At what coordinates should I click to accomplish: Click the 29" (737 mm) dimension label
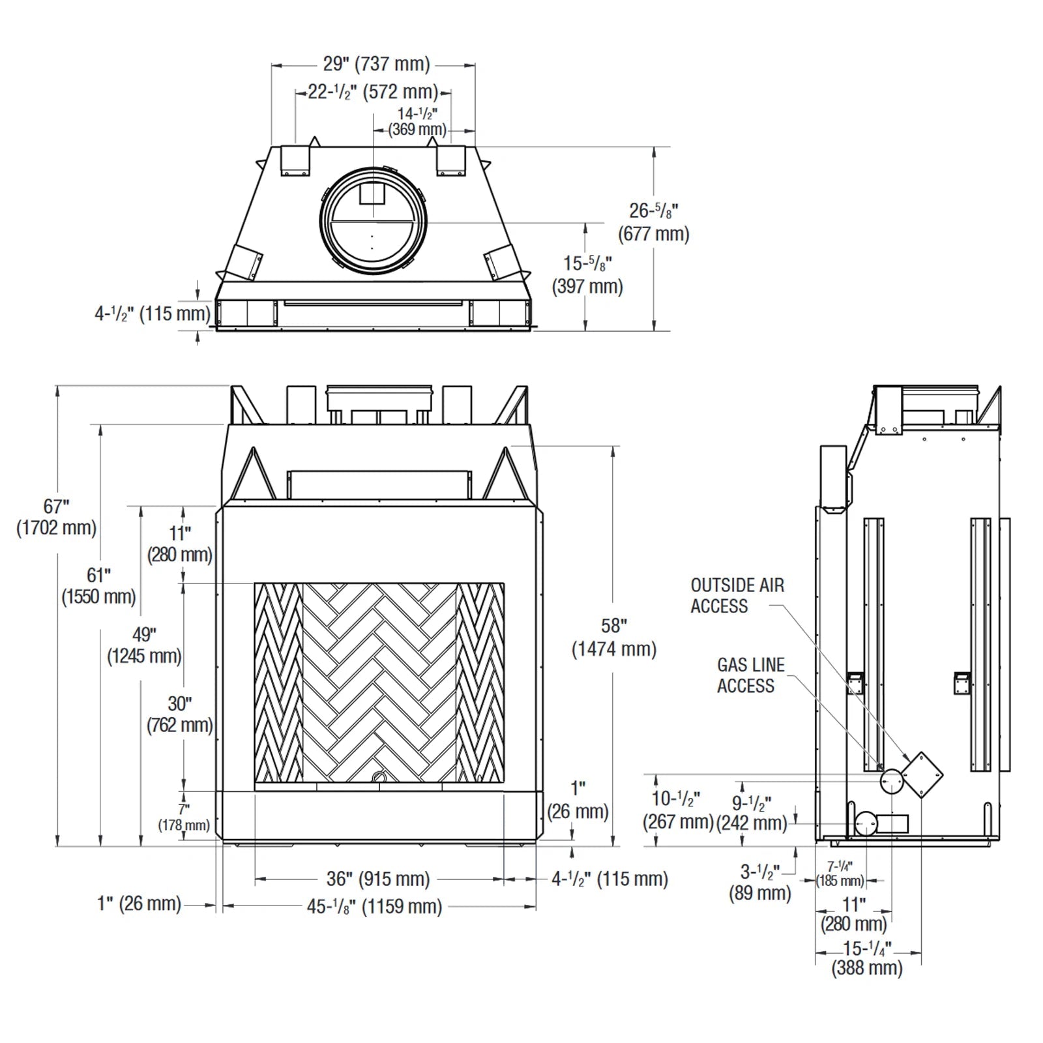pyautogui.click(x=376, y=64)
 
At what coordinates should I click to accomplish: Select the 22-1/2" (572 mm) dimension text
pyautogui.click(x=372, y=92)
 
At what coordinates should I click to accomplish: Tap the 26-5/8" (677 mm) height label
pyautogui.click(x=653, y=222)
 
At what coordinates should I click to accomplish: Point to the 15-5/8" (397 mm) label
pyautogui.click(x=587, y=274)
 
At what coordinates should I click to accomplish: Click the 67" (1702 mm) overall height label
pyautogui.click(x=56, y=517)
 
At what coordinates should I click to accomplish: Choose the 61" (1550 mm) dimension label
pyautogui.click(x=98, y=585)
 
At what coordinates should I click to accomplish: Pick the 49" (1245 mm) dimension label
pyautogui.click(x=143, y=645)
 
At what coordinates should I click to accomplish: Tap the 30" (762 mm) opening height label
pyautogui.click(x=179, y=714)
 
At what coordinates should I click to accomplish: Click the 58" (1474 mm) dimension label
pyautogui.click(x=613, y=638)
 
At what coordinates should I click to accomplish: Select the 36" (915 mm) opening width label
pyautogui.click(x=378, y=879)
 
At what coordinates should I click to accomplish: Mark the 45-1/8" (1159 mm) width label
pyautogui.click(x=374, y=906)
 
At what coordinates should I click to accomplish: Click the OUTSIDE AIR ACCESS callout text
pyautogui.click(x=737, y=595)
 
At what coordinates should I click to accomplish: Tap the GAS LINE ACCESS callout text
pyautogui.click(x=750, y=675)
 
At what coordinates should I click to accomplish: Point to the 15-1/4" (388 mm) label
pyautogui.click(x=866, y=957)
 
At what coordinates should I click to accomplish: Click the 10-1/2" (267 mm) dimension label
pyautogui.click(x=677, y=809)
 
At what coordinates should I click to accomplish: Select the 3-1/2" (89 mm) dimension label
pyautogui.click(x=759, y=882)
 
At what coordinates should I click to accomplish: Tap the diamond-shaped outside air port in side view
pyautogui.click(x=922, y=775)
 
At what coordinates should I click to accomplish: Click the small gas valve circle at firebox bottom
pyautogui.click(x=378, y=777)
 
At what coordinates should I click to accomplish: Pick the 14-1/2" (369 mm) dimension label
pyautogui.click(x=417, y=122)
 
